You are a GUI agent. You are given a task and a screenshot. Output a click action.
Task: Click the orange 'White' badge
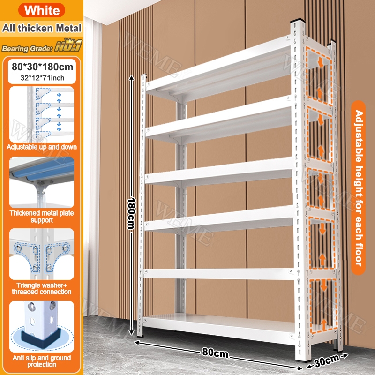[x=42, y=10]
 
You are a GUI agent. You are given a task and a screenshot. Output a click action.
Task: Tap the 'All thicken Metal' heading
[x=42, y=28]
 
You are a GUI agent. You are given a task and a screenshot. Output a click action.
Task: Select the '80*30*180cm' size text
[x=42, y=67]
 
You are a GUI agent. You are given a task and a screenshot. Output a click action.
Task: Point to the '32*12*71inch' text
[x=42, y=78]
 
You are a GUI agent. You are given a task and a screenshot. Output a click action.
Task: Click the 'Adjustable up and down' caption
[x=42, y=147]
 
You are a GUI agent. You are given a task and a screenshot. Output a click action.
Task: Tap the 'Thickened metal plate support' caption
[x=42, y=217]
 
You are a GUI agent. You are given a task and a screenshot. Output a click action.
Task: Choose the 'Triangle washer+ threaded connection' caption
[x=42, y=288]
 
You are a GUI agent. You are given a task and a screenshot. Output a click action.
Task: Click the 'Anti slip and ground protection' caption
[x=42, y=361]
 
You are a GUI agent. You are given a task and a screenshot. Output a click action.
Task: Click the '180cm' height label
[x=131, y=213]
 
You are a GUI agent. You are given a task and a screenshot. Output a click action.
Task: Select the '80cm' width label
[x=215, y=352]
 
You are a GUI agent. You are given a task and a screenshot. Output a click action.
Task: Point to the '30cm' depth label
[x=327, y=360]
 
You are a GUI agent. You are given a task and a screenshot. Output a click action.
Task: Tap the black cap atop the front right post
[x=298, y=21]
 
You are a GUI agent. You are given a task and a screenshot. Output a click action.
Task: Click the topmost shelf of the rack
[x=219, y=69]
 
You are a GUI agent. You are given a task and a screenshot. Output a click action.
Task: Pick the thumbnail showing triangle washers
[x=42, y=254]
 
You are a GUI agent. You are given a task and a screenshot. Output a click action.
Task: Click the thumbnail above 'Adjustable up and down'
[x=42, y=114]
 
